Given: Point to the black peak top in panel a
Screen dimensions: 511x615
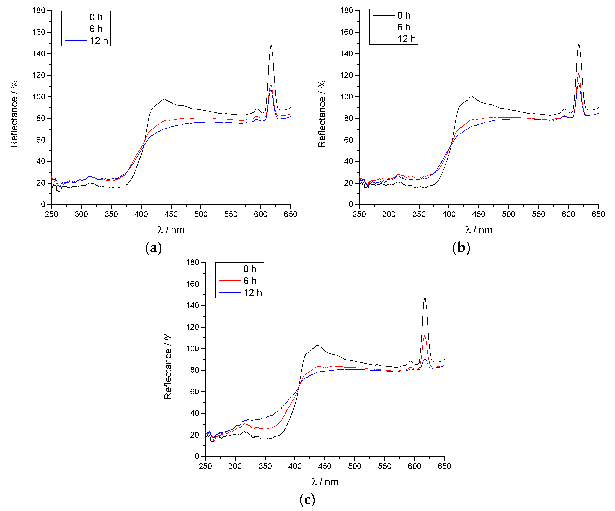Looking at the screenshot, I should coord(271,46).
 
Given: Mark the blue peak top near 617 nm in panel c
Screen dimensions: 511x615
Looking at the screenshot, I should coord(425,359).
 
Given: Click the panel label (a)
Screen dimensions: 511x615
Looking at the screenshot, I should coord(153,248).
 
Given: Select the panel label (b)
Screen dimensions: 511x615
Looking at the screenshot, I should coord(461,248).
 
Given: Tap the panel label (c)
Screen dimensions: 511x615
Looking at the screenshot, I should coord(307,500).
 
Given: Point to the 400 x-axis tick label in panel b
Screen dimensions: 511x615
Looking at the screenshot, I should coord(449,214).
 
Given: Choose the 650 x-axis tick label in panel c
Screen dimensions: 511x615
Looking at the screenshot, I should coord(444,466).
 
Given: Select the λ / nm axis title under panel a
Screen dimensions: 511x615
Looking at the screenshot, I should coord(171,230).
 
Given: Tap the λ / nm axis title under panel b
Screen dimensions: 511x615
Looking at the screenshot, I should coord(479,230).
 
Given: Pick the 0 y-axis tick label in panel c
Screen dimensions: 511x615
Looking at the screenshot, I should coord(197,456).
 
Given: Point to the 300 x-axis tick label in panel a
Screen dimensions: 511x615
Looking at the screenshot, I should coord(81,214).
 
